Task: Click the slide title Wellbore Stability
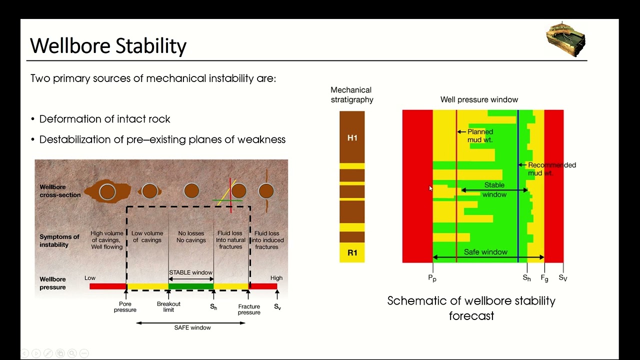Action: pyautogui.click(x=108, y=45)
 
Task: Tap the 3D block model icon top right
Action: pyautogui.click(x=565, y=39)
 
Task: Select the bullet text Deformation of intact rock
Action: pyautogui.click(x=104, y=119)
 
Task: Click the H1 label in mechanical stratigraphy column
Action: pyautogui.click(x=352, y=137)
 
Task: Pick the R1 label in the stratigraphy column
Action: pyautogui.click(x=352, y=252)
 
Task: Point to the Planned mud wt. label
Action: pyautogui.click(x=479, y=136)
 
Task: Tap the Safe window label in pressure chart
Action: pyautogui.click(x=485, y=252)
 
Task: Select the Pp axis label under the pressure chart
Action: pyautogui.click(x=432, y=278)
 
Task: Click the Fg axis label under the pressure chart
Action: pyautogui.click(x=544, y=278)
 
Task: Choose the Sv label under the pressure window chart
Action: pyautogui.click(x=563, y=278)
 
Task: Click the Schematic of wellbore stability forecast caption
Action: pyautogui.click(x=471, y=308)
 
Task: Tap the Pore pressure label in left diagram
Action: pyautogui.click(x=125, y=307)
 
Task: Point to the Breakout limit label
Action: pyautogui.click(x=168, y=307)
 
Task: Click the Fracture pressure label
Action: pyautogui.click(x=249, y=309)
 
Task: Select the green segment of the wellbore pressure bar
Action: pyautogui.click(x=191, y=286)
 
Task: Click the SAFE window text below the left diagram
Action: pyautogui.click(x=192, y=327)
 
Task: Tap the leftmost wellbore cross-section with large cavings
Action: pyautogui.click(x=107, y=191)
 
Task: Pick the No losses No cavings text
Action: pyautogui.click(x=191, y=236)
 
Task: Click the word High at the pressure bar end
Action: pyautogui.click(x=276, y=278)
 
